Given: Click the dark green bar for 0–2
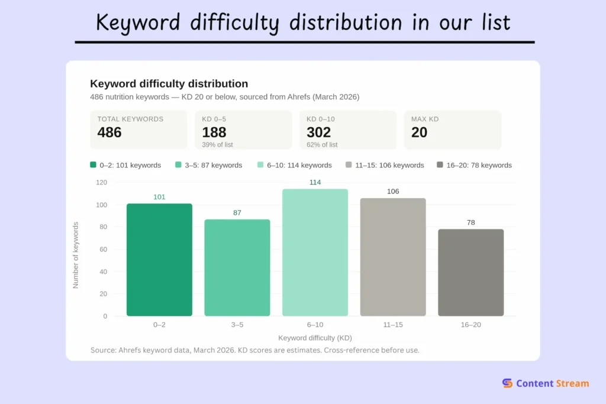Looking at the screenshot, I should coord(159,260).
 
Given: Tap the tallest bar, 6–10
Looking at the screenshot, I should coord(315,253).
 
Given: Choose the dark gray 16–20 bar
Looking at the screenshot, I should coord(470,273).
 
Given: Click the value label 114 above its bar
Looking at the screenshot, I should coord(315,182).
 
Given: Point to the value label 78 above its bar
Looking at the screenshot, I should coord(470,222).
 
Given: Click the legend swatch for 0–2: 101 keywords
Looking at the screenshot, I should coord(94,165).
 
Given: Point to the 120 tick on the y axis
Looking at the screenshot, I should coord(101,182).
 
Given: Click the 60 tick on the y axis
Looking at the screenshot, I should coord(103,249).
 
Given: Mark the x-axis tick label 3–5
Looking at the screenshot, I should coord(237,325).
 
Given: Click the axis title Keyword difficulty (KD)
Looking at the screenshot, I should coord(315,338).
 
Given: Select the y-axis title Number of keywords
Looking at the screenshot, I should coord(76,255).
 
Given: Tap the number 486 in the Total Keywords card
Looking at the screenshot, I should coord(109,132).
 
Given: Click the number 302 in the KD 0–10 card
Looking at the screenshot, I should coord(318,132).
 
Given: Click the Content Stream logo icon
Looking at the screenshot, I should coord(507,383).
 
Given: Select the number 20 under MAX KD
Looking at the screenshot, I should coord(419,132).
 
